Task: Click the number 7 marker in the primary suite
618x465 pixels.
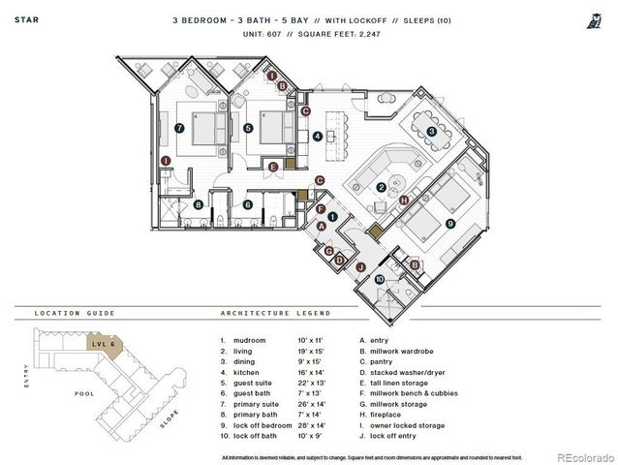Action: (x=179, y=128)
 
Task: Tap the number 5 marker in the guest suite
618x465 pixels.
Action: (x=248, y=128)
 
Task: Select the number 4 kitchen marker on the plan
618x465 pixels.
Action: (x=318, y=137)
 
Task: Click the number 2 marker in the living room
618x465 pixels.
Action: (x=382, y=187)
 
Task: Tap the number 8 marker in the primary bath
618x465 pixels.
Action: (x=199, y=204)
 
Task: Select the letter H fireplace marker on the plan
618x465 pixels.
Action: (x=404, y=201)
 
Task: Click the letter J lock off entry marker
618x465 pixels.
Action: (x=359, y=266)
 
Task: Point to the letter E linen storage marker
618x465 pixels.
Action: (x=274, y=168)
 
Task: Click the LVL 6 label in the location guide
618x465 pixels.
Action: (x=98, y=343)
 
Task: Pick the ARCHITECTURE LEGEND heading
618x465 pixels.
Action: (x=275, y=313)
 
